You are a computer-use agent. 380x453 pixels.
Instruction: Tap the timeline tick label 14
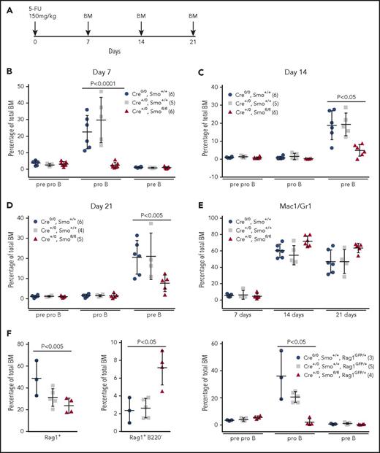[x=140, y=42]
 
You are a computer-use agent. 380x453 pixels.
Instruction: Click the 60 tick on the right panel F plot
[x=217, y=343]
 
